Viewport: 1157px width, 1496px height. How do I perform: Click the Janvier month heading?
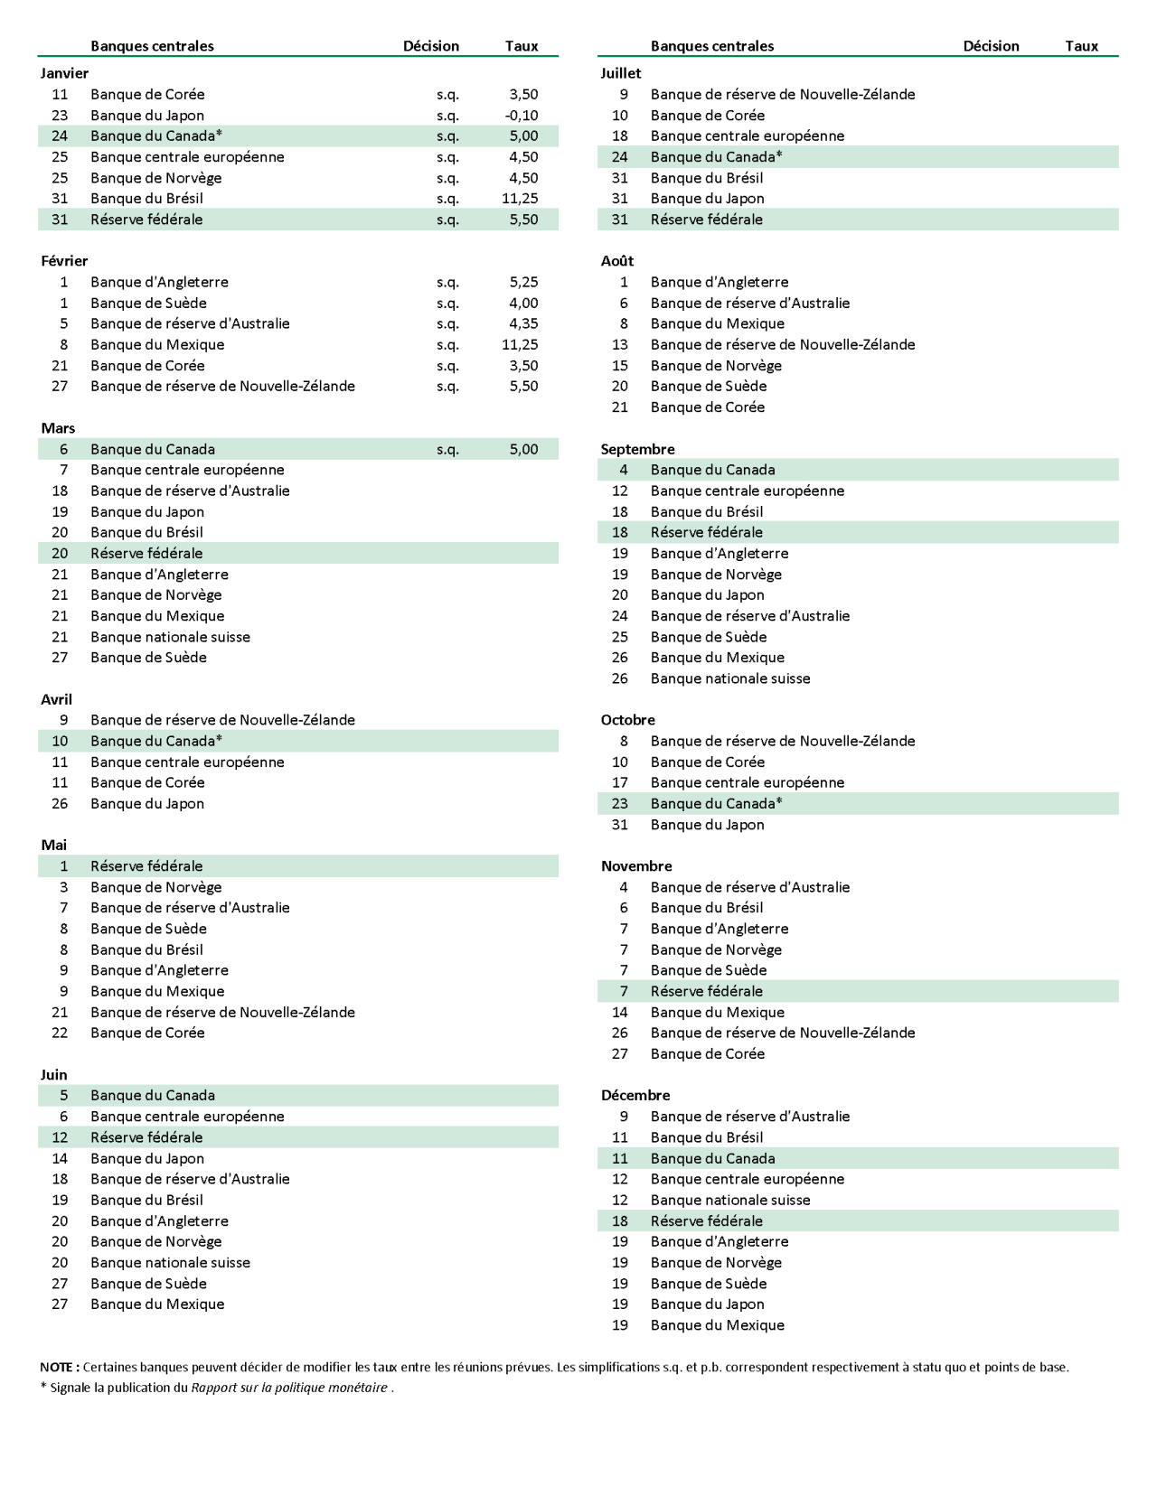(x=64, y=73)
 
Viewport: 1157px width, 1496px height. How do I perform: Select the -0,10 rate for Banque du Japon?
(x=522, y=116)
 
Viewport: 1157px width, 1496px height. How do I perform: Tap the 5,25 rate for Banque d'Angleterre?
(x=523, y=282)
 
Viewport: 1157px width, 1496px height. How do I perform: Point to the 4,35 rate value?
(x=523, y=323)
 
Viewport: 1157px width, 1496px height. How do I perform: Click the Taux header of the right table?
(x=1081, y=46)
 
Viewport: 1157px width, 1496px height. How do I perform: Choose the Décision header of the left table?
(x=431, y=46)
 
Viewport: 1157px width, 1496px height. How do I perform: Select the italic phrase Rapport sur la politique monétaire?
(x=289, y=1388)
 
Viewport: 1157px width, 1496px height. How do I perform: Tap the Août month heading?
(x=617, y=261)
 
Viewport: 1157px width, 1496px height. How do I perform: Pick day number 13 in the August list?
(x=619, y=344)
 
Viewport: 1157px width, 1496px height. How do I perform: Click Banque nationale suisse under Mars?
(x=170, y=637)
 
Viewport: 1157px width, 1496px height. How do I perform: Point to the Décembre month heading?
(x=635, y=1095)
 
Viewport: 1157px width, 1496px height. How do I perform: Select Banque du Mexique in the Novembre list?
(x=717, y=1013)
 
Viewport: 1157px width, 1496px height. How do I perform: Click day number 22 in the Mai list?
(x=60, y=1033)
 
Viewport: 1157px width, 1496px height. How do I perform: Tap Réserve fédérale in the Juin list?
(x=146, y=1137)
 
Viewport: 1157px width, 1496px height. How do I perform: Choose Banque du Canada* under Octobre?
(x=716, y=803)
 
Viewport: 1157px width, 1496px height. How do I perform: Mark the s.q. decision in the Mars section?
(x=447, y=449)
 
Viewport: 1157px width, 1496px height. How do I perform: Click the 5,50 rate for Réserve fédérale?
(x=523, y=220)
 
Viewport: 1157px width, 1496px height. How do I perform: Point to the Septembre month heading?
(x=637, y=449)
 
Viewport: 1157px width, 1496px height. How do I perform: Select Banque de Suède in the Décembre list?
(x=709, y=1284)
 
